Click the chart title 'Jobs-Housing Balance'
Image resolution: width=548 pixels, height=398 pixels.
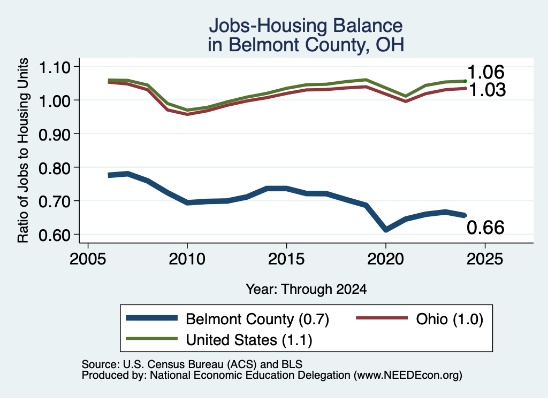click(306, 26)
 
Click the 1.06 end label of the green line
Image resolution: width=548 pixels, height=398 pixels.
click(486, 72)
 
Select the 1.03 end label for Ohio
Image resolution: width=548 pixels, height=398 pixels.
click(487, 90)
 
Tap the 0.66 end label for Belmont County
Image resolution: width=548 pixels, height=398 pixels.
click(485, 228)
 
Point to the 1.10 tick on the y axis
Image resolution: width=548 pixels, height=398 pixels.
click(55, 67)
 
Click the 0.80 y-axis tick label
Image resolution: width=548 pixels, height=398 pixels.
click(55, 168)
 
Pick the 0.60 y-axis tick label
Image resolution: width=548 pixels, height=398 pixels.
click(55, 235)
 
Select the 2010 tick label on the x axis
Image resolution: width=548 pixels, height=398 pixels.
click(187, 259)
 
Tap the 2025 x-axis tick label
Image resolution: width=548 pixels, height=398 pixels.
click(485, 259)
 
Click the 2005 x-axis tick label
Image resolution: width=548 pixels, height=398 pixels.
click(88, 259)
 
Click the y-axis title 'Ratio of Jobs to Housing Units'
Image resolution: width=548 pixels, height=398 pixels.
click(23, 150)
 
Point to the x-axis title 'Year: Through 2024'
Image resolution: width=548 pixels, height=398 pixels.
click(306, 289)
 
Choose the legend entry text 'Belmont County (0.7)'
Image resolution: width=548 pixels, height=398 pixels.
click(257, 319)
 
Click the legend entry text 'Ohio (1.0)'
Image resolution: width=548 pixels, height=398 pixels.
click(450, 319)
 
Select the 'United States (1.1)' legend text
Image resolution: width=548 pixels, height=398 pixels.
click(249, 340)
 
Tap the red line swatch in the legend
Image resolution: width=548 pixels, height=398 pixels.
click(382, 318)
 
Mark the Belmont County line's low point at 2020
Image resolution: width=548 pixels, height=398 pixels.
click(386, 229)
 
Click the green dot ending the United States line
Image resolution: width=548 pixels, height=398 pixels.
click(465, 81)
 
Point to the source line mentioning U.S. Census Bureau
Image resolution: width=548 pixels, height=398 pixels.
click(192, 364)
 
